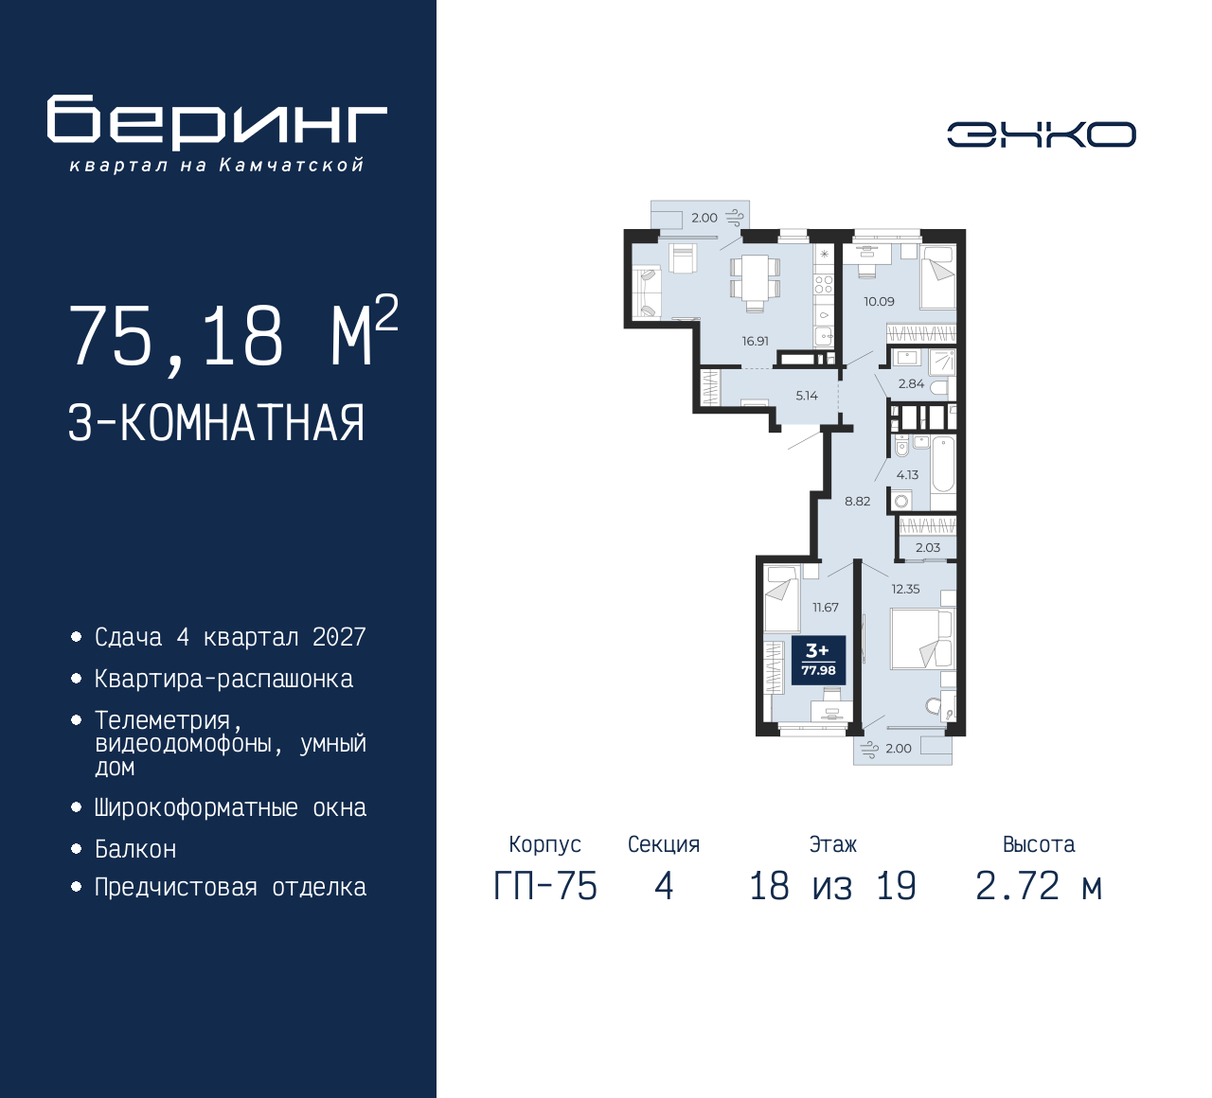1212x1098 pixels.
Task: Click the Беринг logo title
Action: point(217,122)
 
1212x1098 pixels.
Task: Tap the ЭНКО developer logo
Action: point(1041,134)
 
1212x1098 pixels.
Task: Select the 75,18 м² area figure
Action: point(234,332)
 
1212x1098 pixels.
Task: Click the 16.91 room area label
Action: point(756,342)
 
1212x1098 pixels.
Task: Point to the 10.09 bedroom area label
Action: point(879,301)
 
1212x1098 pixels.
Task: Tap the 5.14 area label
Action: point(807,396)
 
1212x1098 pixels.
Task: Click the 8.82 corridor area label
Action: point(857,502)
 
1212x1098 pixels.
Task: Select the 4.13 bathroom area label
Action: point(907,475)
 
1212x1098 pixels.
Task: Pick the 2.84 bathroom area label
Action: point(911,383)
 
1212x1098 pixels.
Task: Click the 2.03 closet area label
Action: point(928,548)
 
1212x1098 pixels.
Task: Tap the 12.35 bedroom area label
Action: point(905,589)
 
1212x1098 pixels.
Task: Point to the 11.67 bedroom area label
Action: point(826,608)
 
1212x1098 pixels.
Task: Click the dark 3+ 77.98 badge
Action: point(819,660)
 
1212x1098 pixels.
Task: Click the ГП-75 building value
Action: point(545,887)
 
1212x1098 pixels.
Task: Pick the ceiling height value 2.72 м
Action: point(1040,887)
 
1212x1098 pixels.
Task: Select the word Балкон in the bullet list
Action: point(136,850)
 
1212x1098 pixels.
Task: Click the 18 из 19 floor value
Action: point(833,887)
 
